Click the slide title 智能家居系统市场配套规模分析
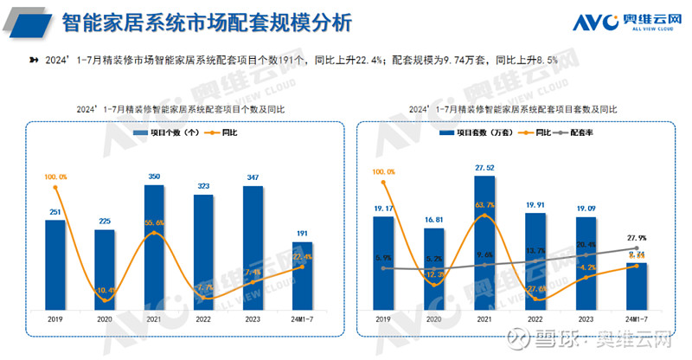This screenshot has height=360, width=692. (x=208, y=22)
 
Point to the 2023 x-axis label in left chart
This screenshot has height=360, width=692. (x=252, y=318)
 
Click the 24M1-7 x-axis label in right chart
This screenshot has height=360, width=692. (x=637, y=318)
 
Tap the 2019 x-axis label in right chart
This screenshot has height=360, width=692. (x=383, y=318)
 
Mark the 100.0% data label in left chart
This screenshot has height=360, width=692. (x=55, y=177)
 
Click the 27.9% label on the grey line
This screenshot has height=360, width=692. (x=637, y=238)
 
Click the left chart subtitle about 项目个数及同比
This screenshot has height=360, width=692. (x=180, y=110)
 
